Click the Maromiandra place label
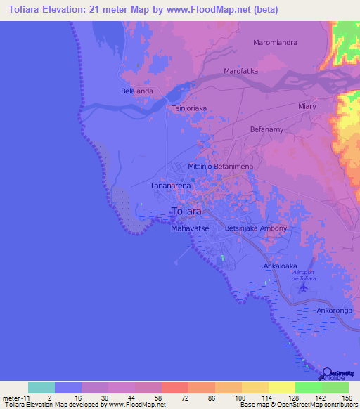pyautogui.click(x=275, y=42)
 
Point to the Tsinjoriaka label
pyautogui.click(x=189, y=109)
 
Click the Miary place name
pyautogui.click(x=307, y=106)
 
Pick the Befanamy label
pyautogui.click(x=266, y=129)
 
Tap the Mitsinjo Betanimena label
pyautogui.click(x=225, y=165)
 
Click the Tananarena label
pyautogui.click(x=171, y=186)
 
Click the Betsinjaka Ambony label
pyautogui.click(x=256, y=228)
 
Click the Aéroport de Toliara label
pyautogui.click(x=304, y=276)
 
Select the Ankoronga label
pyautogui.click(x=334, y=310)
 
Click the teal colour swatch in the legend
pyautogui.click(x=41, y=387)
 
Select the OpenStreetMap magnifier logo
pyautogui.click(x=328, y=374)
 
